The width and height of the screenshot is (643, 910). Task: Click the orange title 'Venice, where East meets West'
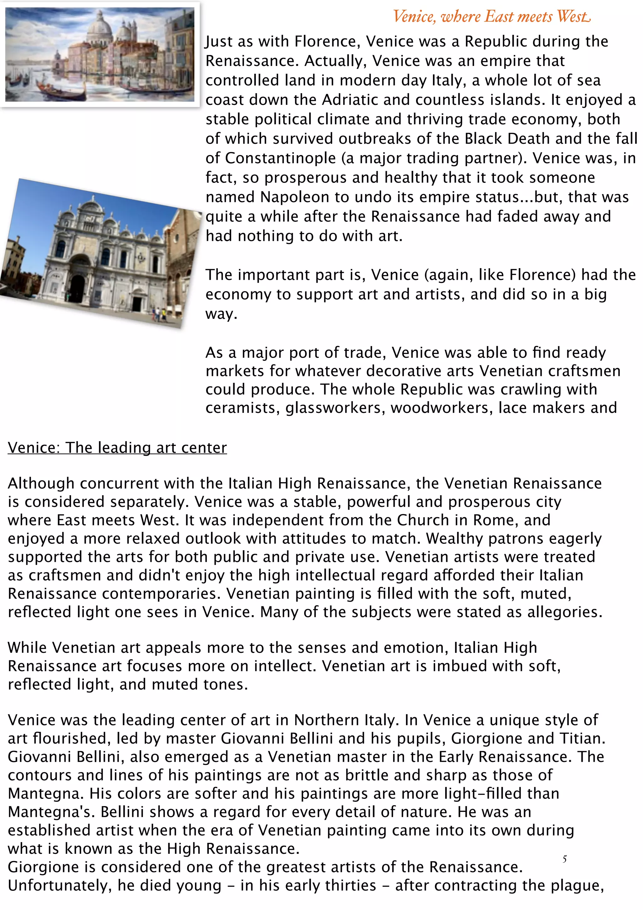(491, 17)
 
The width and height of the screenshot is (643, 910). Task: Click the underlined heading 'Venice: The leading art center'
(117, 447)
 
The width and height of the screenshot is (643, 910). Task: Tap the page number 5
(564, 859)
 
